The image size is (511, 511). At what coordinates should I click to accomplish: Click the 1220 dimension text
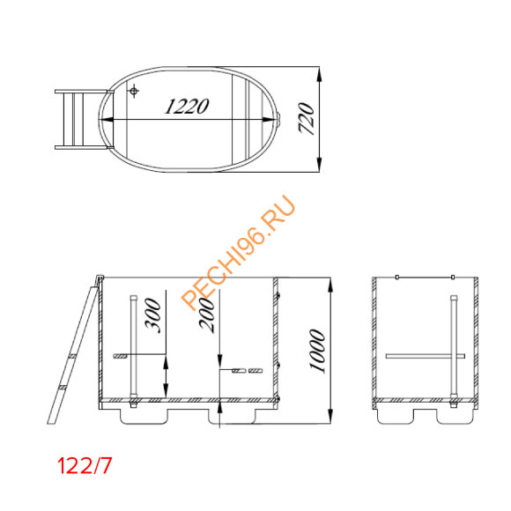(187, 107)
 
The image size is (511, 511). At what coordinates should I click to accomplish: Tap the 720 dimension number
(306, 117)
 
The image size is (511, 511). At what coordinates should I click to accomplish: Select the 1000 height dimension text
(319, 351)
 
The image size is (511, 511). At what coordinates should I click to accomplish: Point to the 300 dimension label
(153, 314)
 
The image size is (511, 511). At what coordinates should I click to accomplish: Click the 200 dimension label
(208, 314)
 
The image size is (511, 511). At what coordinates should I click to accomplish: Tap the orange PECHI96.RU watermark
(238, 251)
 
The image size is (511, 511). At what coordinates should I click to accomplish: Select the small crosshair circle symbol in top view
(134, 92)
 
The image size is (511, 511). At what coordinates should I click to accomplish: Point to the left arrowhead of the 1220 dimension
(107, 119)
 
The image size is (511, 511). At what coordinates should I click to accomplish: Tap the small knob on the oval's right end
(279, 119)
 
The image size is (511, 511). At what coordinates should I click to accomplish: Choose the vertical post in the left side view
(133, 348)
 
